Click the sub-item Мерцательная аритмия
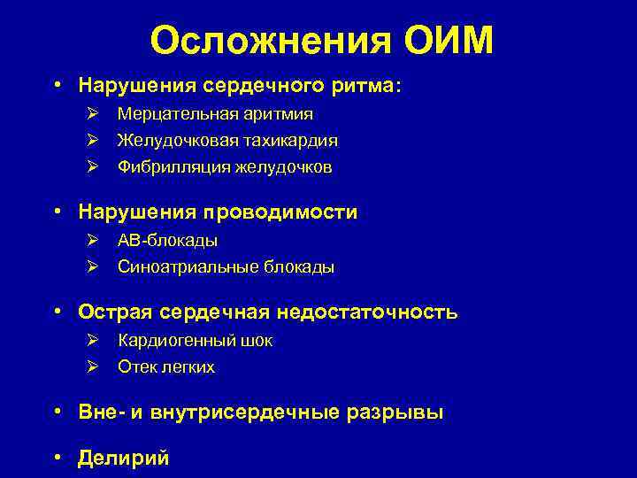click(215, 114)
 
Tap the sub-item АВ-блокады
click(167, 241)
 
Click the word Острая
click(111, 312)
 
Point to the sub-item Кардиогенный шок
click(195, 341)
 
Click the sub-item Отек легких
click(165, 367)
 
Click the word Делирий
click(123, 458)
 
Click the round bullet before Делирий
click(57, 458)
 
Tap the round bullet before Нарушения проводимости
click(57, 212)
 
